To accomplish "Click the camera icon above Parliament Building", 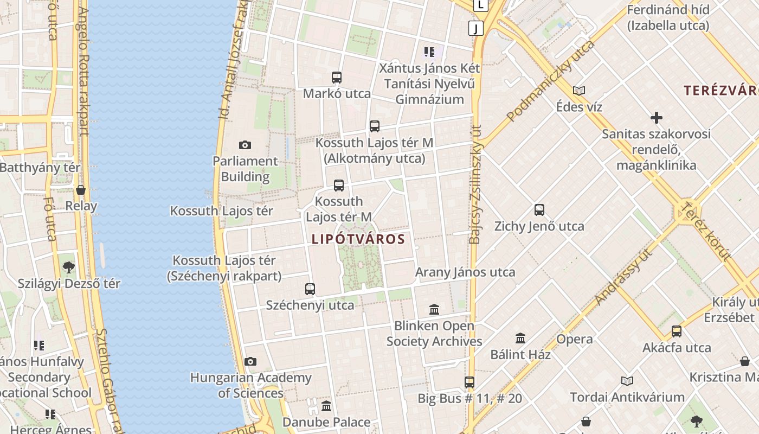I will tap(245, 145).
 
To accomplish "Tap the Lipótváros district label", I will tap(358, 239).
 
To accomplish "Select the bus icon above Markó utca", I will tap(337, 78).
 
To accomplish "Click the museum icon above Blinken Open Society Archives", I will tap(434, 310).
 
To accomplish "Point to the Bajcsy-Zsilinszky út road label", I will tap(475, 184).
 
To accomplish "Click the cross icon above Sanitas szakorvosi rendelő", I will tap(657, 118).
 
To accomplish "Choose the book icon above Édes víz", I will tap(579, 91).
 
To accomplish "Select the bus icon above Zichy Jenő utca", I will tap(539, 210).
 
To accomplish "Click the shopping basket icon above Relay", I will tap(81, 190).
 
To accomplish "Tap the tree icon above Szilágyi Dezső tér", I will tap(69, 267).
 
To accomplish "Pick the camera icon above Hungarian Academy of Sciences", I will tap(250, 361).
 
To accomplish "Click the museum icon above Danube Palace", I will tap(326, 406).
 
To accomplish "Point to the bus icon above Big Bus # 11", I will tap(469, 382).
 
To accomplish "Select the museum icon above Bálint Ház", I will tap(520, 339).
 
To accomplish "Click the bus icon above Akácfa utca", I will tap(677, 331).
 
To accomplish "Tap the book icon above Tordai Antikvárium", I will tap(627, 381).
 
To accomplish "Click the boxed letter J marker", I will tap(476, 28).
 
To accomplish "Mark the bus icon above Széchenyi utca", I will tap(310, 289).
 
